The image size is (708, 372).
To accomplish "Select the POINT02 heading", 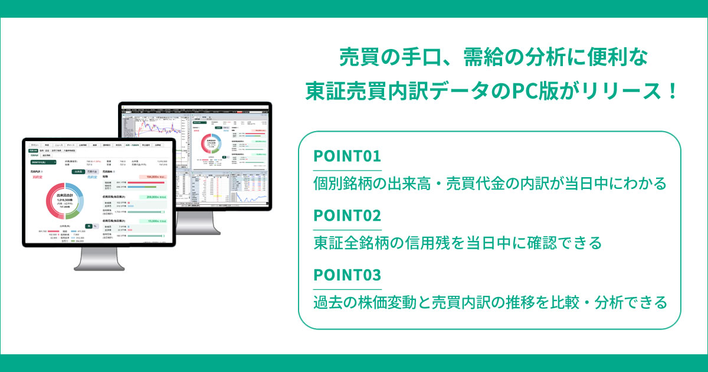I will tap(347, 216).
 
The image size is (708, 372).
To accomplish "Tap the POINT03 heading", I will tap(347, 275).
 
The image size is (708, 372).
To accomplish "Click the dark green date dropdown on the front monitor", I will tap(43, 162).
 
